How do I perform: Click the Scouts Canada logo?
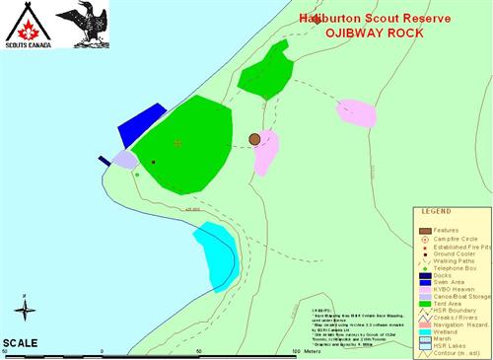click(x=25, y=25)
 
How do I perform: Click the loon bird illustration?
click(x=79, y=25)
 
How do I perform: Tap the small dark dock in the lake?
click(x=104, y=160)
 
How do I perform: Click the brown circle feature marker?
click(x=254, y=140)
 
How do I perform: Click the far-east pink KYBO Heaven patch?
click(x=356, y=113)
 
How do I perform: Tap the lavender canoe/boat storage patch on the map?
click(x=124, y=159)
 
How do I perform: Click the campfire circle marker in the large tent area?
click(x=177, y=143)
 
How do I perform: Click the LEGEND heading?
click(x=436, y=211)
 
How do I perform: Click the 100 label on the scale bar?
click(x=297, y=350)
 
